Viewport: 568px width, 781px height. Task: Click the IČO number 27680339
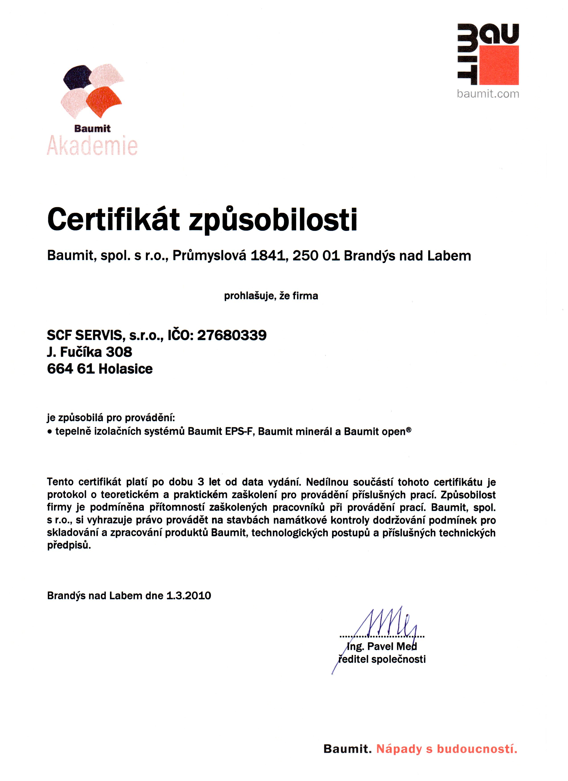click(232, 335)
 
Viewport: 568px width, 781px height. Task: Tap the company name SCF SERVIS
click(84, 335)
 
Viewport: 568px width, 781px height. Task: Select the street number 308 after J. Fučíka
click(119, 352)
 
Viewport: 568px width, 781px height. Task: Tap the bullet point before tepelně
click(50, 432)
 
